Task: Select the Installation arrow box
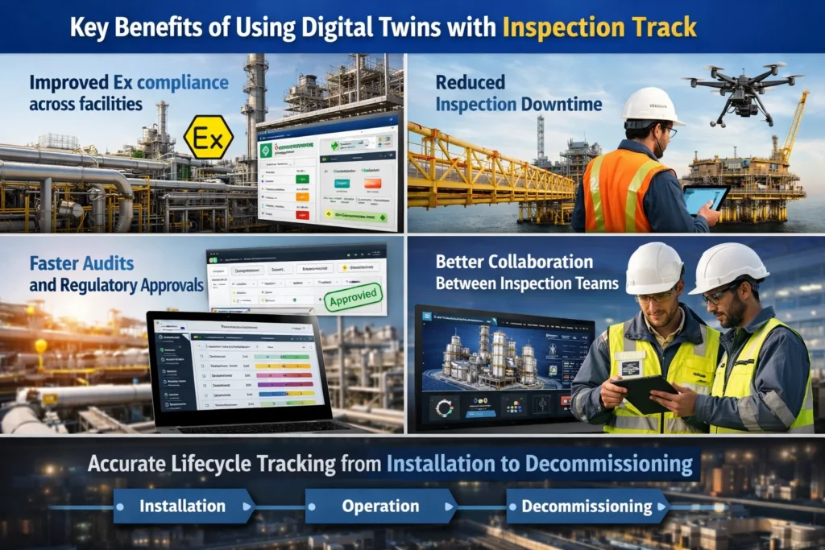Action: pyautogui.click(x=184, y=507)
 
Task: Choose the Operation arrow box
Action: pyautogui.click(x=381, y=507)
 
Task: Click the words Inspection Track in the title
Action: pyautogui.click(x=599, y=28)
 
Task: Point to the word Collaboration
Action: pyautogui.click(x=536, y=262)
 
